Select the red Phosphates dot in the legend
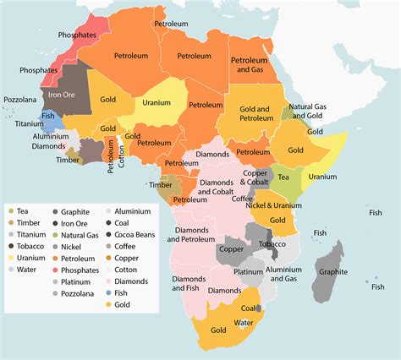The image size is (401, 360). click(54, 270)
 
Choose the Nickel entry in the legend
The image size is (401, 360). click(70, 247)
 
